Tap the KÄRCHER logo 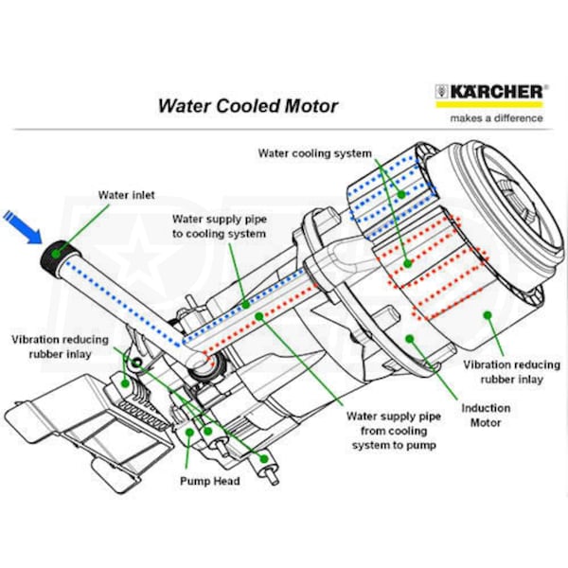490,92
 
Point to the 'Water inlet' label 126,195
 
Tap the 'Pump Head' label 209,480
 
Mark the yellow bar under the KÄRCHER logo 490,105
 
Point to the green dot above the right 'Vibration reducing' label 488,313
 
